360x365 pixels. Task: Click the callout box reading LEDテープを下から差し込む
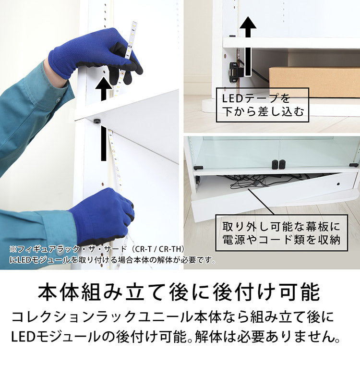point(262,105)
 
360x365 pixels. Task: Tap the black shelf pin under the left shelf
point(98,121)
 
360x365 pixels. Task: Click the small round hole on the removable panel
point(338,184)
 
